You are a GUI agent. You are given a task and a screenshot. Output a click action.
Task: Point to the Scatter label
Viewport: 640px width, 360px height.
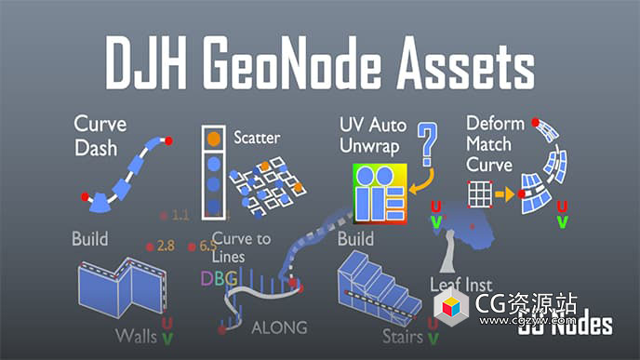[x=258, y=138]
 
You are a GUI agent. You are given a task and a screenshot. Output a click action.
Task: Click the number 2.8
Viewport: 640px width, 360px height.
[x=167, y=247]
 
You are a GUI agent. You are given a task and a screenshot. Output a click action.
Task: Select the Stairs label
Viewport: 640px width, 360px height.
[x=403, y=335]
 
